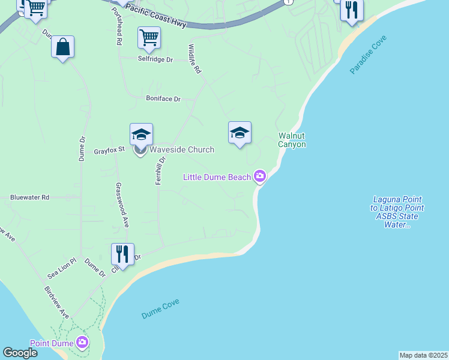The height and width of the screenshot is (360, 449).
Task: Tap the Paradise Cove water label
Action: pyautogui.click(x=369, y=55)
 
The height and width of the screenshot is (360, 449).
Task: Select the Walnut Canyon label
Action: pyautogui.click(x=292, y=140)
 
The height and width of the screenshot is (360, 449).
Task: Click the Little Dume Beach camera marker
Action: pyautogui.click(x=260, y=176)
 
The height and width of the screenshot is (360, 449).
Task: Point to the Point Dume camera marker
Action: pyautogui.click(x=83, y=343)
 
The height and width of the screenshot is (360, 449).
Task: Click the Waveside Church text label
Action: pyautogui.click(x=181, y=149)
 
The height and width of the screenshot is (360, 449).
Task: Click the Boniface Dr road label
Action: pyautogui.click(x=163, y=98)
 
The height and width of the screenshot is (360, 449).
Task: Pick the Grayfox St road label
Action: pyautogui.click(x=109, y=151)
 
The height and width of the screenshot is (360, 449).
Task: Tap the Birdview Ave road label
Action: pyautogui.click(x=56, y=302)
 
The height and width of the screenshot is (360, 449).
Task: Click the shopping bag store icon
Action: pyautogui.click(x=62, y=47)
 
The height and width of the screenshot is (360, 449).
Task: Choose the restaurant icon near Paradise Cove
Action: pyautogui.click(x=351, y=10)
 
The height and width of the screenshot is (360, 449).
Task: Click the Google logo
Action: pyautogui.click(x=20, y=353)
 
